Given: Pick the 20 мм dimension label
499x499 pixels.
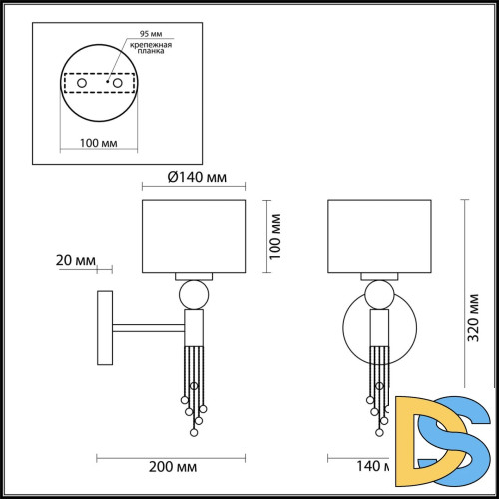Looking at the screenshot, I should (76, 261).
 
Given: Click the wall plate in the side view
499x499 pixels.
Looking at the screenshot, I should (104, 326).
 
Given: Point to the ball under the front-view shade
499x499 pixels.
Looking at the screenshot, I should (378, 294).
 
